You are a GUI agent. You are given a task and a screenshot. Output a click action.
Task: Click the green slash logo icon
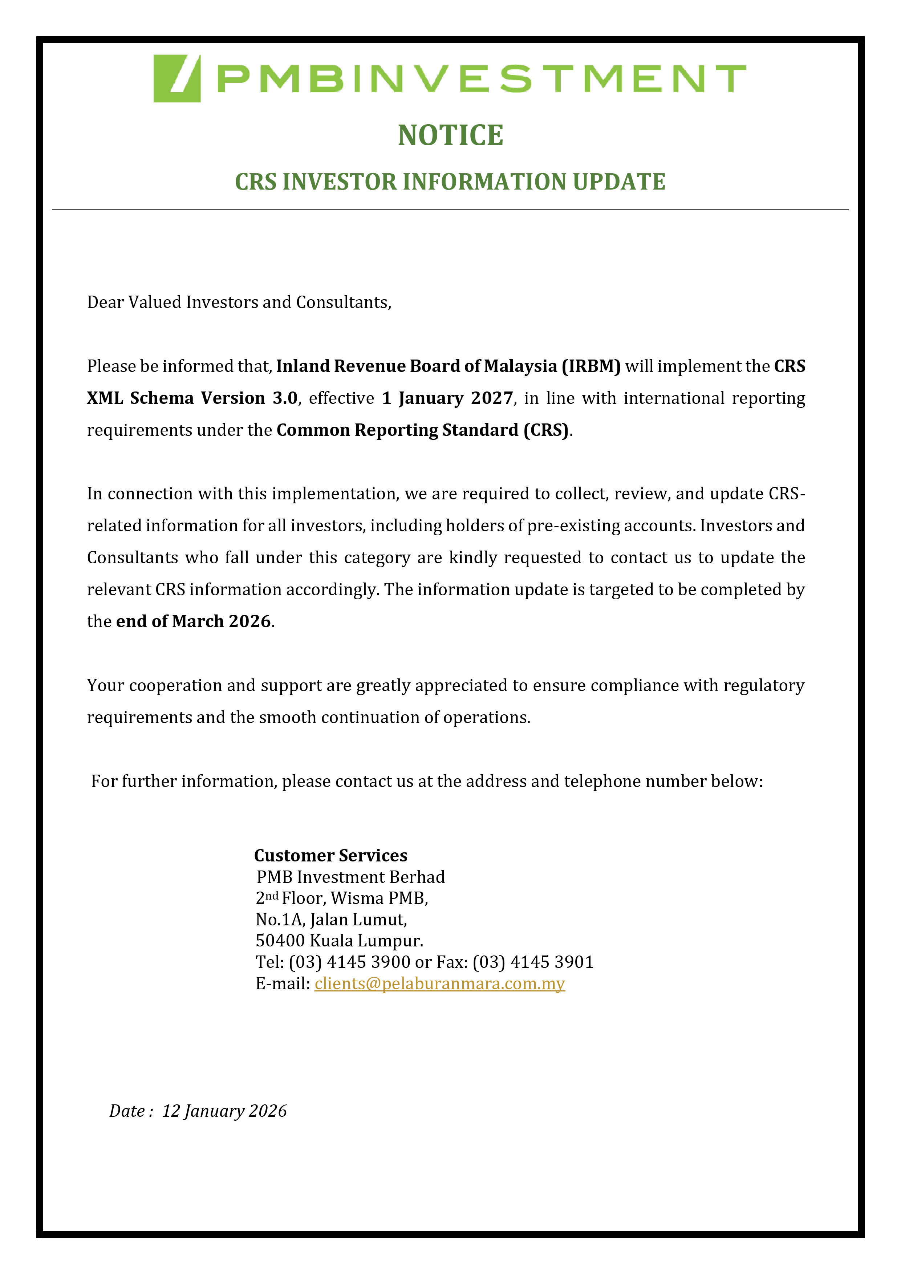click(x=177, y=78)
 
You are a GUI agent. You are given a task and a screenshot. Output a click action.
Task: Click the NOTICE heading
click(x=450, y=135)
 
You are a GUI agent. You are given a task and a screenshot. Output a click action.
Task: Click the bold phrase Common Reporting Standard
click(x=397, y=430)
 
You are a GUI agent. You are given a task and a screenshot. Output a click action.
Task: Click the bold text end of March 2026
click(x=194, y=621)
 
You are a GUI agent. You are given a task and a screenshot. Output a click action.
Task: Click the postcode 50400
click(x=280, y=941)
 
